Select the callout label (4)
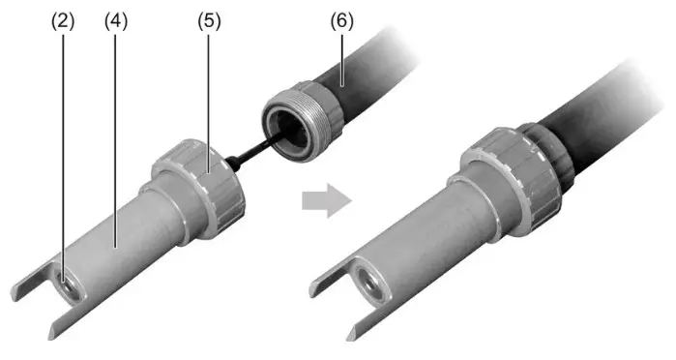pos(116,20)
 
